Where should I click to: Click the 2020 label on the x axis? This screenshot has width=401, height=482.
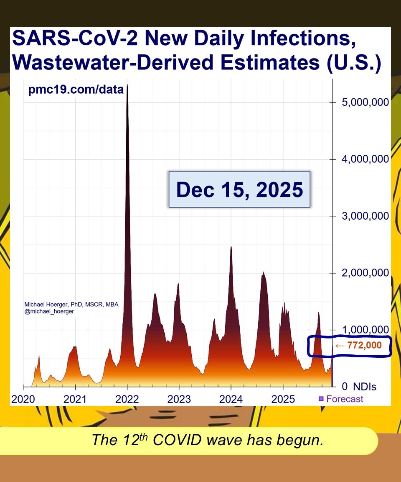23,399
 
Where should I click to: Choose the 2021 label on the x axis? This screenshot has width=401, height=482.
75,399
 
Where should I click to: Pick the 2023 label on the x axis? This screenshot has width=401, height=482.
179,399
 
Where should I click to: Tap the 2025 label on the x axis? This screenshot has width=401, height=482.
283,399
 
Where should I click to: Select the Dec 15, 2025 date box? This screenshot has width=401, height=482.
239,190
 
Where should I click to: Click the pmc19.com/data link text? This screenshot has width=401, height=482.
76,90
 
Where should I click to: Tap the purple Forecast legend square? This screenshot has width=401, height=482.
321,399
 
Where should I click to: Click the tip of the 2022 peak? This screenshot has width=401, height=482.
127,85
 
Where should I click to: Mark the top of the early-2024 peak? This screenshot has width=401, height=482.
231,247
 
